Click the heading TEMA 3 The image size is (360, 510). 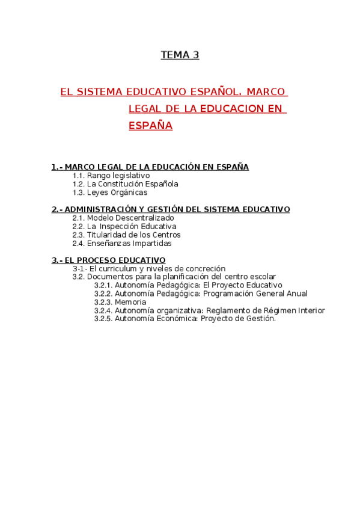point(180,55)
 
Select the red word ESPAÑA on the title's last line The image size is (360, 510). point(150,126)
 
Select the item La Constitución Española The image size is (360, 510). point(132,184)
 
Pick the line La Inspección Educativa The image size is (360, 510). point(131,226)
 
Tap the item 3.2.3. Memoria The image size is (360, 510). point(120,302)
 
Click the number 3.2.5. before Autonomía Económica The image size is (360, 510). point(103,319)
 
